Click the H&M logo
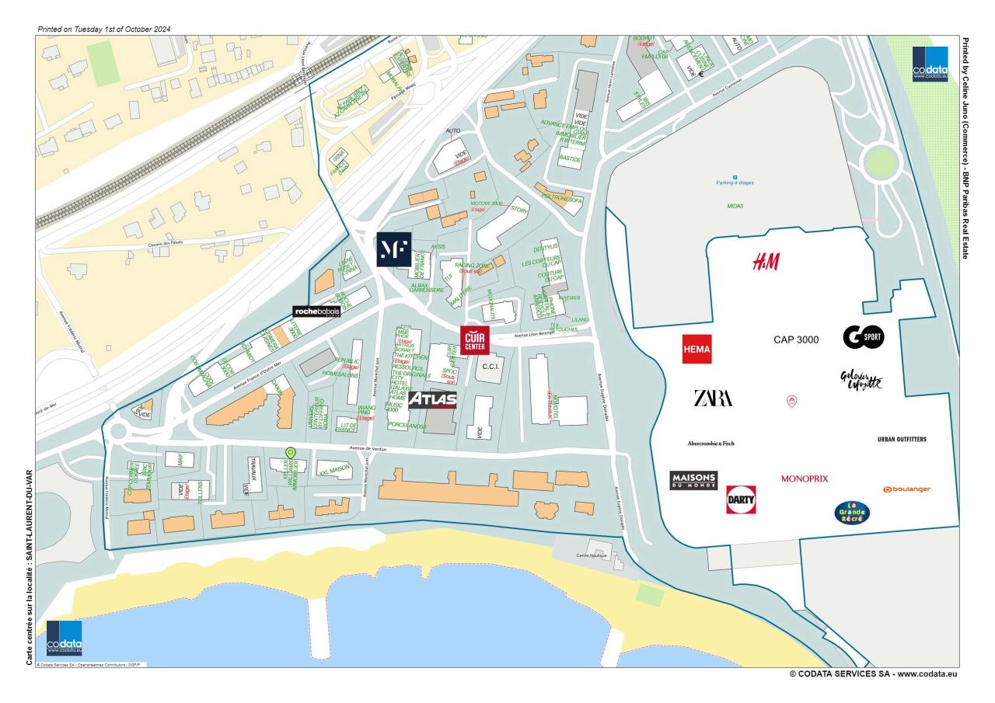coord(766,262)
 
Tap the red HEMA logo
coord(696,350)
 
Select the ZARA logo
coord(713,398)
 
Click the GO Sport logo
coord(864,337)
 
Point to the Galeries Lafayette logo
coord(861,380)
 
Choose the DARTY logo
coord(741,499)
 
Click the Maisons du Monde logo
coord(693,481)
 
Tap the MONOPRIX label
coord(805,479)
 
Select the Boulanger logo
coord(906,489)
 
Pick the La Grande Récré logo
coord(852,512)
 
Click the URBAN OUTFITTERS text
coord(902,440)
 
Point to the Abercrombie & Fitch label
coord(710,444)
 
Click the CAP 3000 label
coord(796,339)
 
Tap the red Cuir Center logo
coord(474,340)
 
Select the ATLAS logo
coord(432,400)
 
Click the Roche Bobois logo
coord(316,311)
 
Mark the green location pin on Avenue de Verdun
coord(291,452)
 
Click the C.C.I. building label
coord(490,366)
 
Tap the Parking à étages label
coord(735,184)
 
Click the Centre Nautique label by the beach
coord(592,556)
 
